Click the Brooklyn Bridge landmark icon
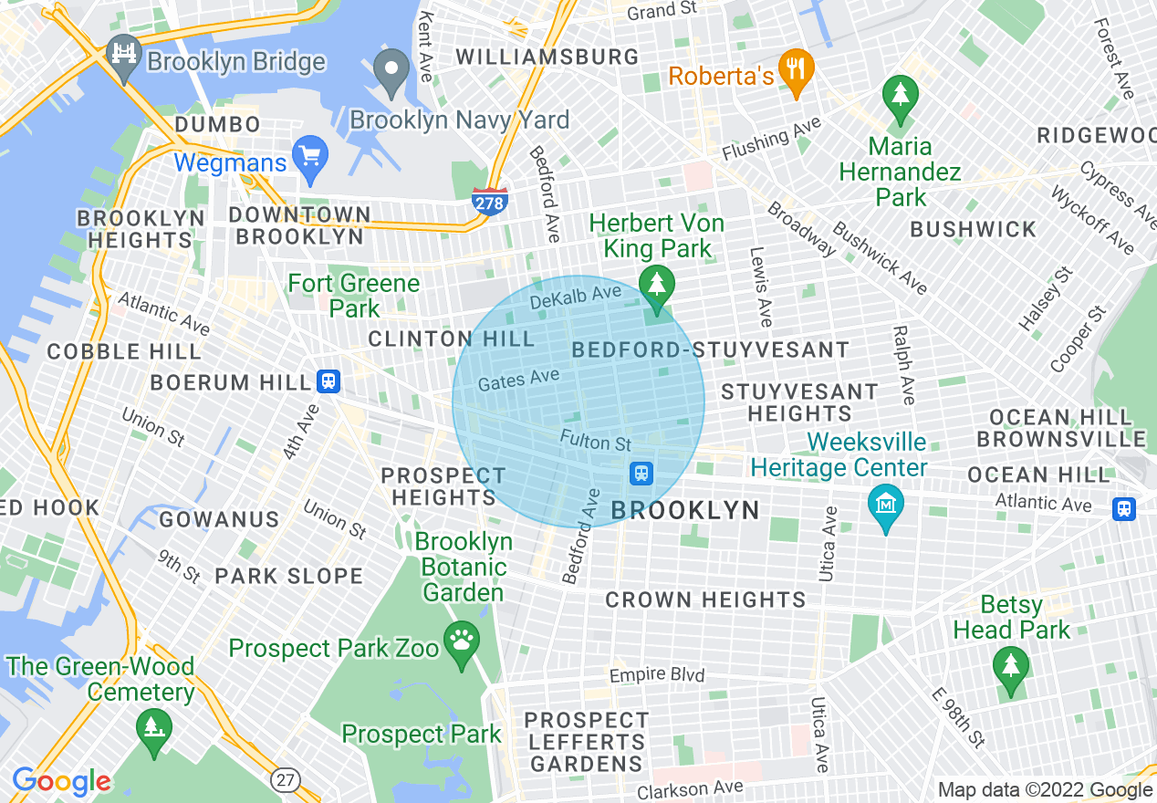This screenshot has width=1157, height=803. pyautogui.click(x=121, y=50)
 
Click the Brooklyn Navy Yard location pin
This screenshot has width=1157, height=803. pyautogui.click(x=394, y=71)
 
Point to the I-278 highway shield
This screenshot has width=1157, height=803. pyautogui.click(x=489, y=202)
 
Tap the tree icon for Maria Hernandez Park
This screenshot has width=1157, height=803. pyautogui.click(x=901, y=95)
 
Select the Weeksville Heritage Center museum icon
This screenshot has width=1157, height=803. pyautogui.click(x=885, y=504)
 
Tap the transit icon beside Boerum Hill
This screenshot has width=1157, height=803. pyautogui.click(x=328, y=381)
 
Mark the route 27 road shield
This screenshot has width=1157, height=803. pyautogui.click(x=286, y=778)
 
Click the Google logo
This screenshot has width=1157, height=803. pyautogui.click(x=61, y=781)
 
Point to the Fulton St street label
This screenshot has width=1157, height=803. pyautogui.click(x=596, y=443)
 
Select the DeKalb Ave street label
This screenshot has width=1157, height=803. pyautogui.click(x=575, y=296)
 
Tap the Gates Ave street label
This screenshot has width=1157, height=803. pyautogui.click(x=518, y=378)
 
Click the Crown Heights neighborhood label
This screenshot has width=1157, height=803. pyautogui.click(x=705, y=600)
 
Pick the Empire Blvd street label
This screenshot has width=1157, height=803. pyautogui.click(x=657, y=675)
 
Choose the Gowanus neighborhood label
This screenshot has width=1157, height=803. pyautogui.click(x=219, y=519)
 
